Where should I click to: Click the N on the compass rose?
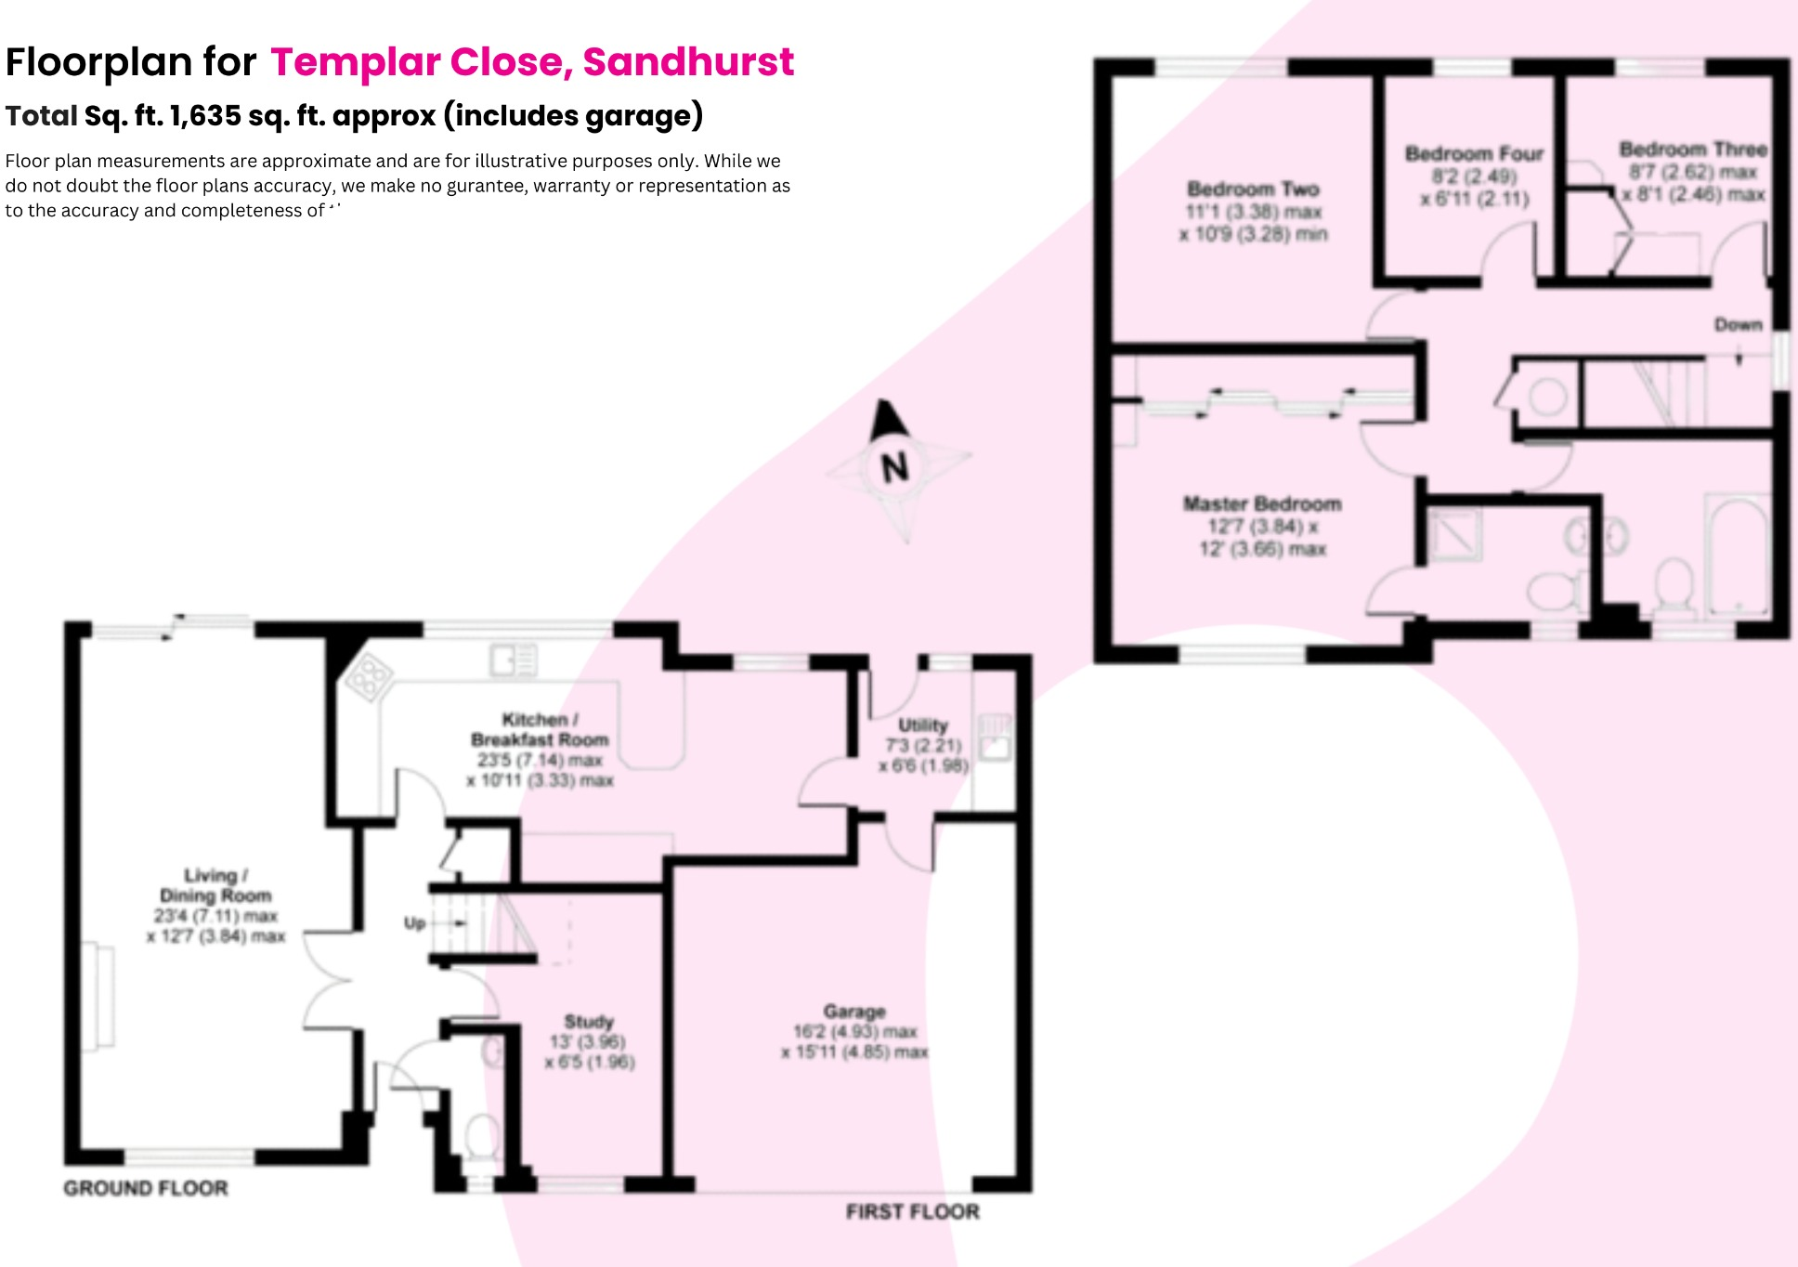pyautogui.click(x=894, y=466)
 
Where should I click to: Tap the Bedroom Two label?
pyautogui.click(x=1253, y=189)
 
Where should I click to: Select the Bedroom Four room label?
pyautogui.click(x=1474, y=154)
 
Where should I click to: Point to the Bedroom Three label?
pyautogui.click(x=1692, y=150)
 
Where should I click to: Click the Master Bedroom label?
pyautogui.click(x=1262, y=504)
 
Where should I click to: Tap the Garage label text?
pyautogui.click(x=854, y=1012)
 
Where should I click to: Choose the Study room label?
pyautogui.click(x=589, y=1022)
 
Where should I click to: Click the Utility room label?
pyautogui.click(x=923, y=725)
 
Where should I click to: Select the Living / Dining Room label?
pyautogui.click(x=215, y=885)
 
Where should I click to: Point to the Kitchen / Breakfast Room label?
pyautogui.click(x=540, y=730)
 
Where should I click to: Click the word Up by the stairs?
pyautogui.click(x=414, y=923)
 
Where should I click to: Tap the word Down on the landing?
pyautogui.click(x=1738, y=325)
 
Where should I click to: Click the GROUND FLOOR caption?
pyautogui.click(x=146, y=1188)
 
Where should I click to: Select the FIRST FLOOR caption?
pyautogui.click(x=912, y=1211)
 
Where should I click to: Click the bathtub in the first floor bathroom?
pyautogui.click(x=1737, y=557)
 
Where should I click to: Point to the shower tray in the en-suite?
pyautogui.click(x=1454, y=536)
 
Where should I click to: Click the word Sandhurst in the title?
pyautogui.click(x=688, y=62)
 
